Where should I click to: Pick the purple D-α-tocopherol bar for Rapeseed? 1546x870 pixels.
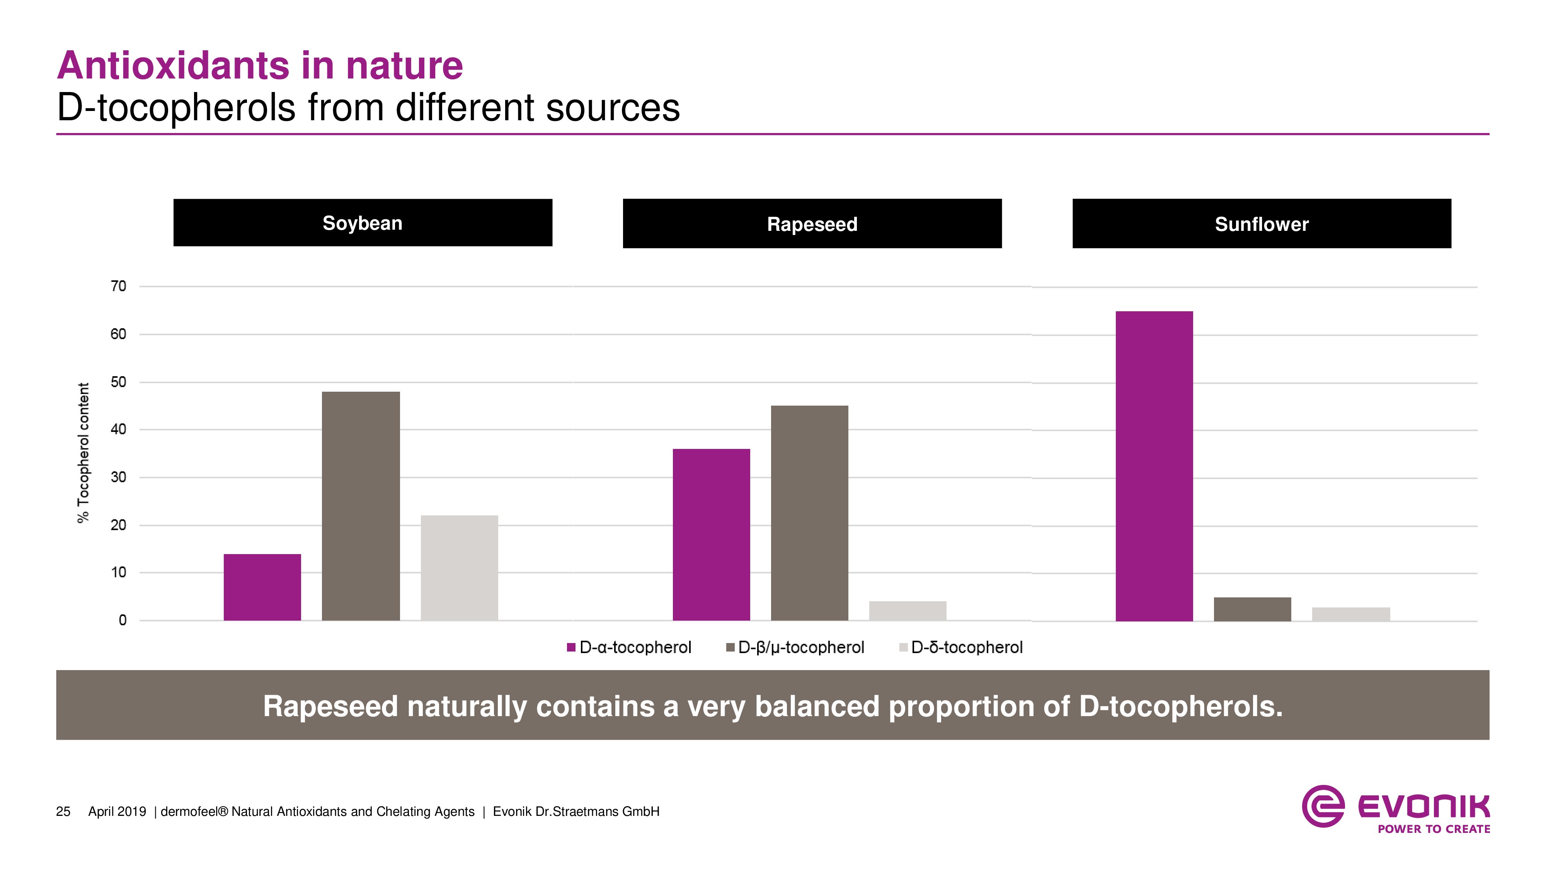point(711,534)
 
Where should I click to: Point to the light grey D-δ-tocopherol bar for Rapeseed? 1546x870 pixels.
point(908,611)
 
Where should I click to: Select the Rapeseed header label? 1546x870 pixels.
point(812,224)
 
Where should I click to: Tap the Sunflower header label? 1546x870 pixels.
point(1262,224)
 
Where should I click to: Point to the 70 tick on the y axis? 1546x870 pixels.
point(119,287)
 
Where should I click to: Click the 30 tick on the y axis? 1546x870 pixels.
point(119,477)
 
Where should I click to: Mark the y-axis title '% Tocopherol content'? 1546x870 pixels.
point(83,453)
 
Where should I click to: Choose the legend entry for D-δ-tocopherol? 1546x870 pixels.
point(961,647)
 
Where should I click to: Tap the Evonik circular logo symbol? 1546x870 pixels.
point(1323,806)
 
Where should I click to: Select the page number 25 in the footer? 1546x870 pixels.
point(63,812)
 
